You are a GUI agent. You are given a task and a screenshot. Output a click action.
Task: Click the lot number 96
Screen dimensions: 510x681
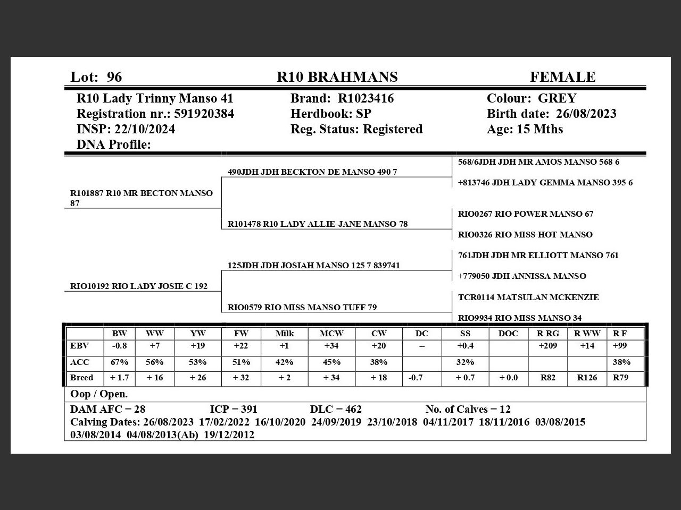[x=114, y=77]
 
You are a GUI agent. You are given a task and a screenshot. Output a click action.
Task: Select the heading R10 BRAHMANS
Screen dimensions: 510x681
[x=337, y=77]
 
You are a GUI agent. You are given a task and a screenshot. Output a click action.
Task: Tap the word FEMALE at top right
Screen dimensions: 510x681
[x=562, y=77]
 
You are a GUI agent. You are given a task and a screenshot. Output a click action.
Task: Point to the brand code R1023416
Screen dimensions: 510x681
[x=366, y=98]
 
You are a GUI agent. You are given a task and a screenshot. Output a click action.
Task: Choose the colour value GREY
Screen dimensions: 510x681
[x=557, y=98]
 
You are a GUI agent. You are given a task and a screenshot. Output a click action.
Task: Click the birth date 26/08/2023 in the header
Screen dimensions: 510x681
[x=586, y=114]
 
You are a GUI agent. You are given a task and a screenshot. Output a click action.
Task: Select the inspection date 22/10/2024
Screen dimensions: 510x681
[x=144, y=129]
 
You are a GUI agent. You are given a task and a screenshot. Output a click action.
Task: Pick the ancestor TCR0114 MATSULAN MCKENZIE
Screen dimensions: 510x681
[x=528, y=297]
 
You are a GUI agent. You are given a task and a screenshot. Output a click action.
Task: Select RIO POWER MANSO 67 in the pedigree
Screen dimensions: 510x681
[x=526, y=214]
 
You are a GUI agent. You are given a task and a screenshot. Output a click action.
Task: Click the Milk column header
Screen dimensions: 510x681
[x=285, y=334]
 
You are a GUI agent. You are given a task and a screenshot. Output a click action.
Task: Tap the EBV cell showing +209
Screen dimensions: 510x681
[x=548, y=346]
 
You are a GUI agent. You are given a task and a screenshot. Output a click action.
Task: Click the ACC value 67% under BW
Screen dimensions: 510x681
[x=120, y=362]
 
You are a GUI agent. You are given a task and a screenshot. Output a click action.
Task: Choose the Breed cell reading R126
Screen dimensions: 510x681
[x=587, y=378]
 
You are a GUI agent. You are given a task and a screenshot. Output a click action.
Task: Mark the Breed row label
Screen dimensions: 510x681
[x=81, y=378]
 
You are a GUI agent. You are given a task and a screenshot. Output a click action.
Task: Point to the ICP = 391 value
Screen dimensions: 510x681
[x=234, y=409]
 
